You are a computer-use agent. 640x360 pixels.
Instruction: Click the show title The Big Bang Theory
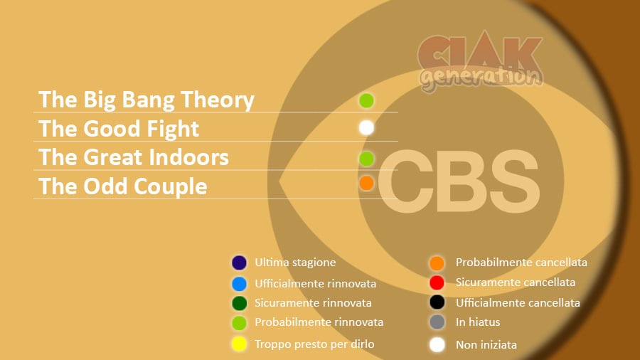(x=146, y=100)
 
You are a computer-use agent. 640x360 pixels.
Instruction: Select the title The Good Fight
(x=118, y=129)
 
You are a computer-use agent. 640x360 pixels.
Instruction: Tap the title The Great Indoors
(x=134, y=157)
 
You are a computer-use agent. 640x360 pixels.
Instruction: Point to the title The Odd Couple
(x=123, y=186)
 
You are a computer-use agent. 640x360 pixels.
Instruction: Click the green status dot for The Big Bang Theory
(x=366, y=100)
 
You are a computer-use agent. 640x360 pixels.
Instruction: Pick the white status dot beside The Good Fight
(x=366, y=128)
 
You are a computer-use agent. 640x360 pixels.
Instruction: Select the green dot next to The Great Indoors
(x=366, y=159)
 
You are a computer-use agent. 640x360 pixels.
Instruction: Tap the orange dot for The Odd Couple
(x=366, y=184)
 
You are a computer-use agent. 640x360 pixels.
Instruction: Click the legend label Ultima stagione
(x=295, y=263)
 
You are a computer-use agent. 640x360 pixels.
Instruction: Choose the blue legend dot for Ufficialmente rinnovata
(x=239, y=284)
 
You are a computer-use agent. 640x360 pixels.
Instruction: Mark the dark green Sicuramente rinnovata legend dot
(x=239, y=303)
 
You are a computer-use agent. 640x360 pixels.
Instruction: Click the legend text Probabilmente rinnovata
(x=319, y=322)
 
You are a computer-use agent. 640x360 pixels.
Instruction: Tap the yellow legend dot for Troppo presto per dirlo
(x=239, y=344)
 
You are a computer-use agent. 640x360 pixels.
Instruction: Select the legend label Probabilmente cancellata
(x=521, y=263)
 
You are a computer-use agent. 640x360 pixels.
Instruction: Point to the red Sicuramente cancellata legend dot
(x=437, y=282)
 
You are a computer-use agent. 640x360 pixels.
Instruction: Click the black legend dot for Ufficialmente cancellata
(x=437, y=302)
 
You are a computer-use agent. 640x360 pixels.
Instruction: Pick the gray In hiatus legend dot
(x=437, y=322)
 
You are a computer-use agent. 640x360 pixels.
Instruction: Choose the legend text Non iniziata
(x=486, y=345)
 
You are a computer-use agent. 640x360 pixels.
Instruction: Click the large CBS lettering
(x=459, y=181)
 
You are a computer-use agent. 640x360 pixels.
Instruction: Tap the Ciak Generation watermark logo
(x=481, y=61)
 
